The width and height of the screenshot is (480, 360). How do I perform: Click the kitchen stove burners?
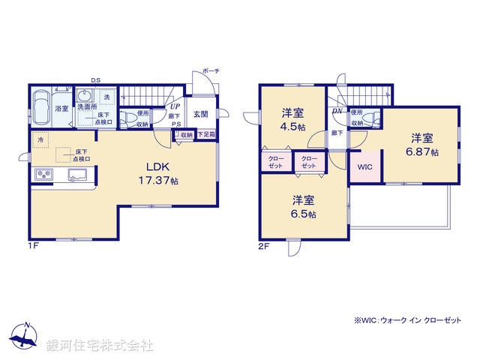point(43,175)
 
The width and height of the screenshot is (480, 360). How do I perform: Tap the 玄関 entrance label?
point(200,115)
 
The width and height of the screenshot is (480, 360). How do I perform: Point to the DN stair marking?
point(337,111)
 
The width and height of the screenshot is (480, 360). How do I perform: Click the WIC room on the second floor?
point(364,166)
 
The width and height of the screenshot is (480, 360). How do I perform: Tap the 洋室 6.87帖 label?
point(421,145)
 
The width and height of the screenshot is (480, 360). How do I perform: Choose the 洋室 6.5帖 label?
point(304,206)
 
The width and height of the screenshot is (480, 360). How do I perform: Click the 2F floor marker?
point(263,244)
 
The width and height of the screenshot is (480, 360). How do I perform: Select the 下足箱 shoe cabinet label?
point(206,135)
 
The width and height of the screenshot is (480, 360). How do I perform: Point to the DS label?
point(95,80)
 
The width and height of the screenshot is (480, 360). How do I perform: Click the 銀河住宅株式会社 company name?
point(100,345)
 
